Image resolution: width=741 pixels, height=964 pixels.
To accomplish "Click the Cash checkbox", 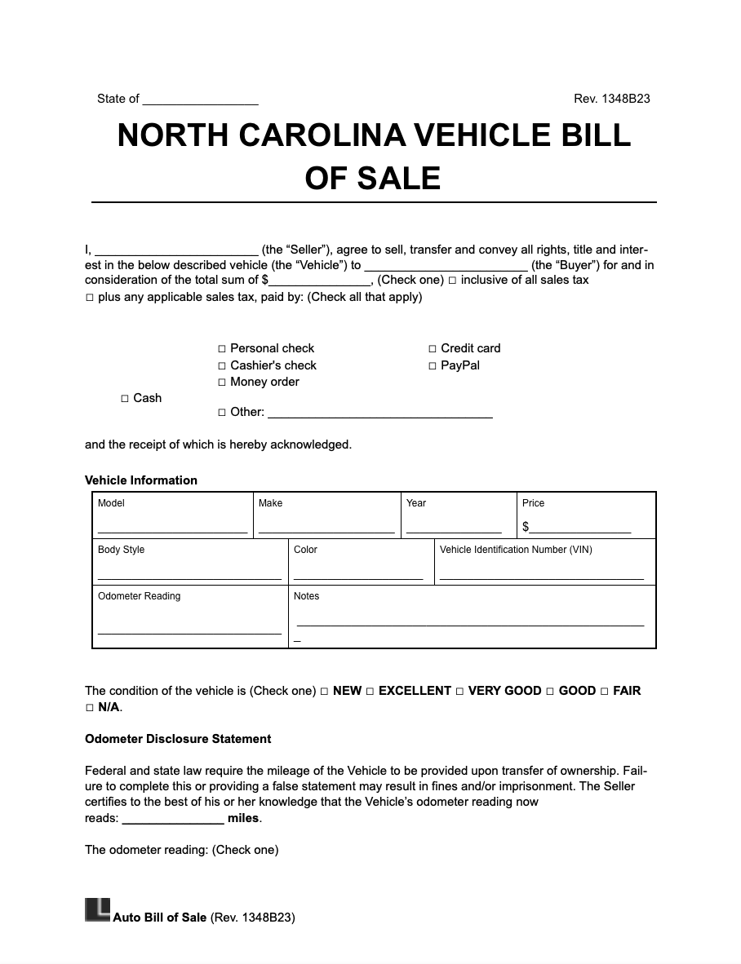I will [125, 399].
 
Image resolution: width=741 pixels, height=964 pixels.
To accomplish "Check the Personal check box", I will [222, 349].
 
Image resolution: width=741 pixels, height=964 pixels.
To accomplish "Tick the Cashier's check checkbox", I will [222, 366].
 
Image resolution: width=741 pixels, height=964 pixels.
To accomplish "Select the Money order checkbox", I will [222, 383].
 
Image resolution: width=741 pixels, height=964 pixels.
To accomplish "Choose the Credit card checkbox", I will [433, 349].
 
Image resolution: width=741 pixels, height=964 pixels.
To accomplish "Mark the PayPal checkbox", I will [433, 366].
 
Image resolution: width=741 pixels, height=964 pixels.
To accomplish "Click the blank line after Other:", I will [380, 416].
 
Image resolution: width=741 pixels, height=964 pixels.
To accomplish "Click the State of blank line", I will [200, 104].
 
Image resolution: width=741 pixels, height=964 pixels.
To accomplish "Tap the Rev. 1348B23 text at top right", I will [611, 99].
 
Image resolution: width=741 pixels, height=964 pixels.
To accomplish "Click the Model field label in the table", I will [111, 503].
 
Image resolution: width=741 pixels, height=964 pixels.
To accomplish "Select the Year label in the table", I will [416, 503].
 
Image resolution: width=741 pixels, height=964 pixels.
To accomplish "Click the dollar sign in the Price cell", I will [526, 527].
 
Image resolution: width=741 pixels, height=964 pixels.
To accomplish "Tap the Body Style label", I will [121, 550].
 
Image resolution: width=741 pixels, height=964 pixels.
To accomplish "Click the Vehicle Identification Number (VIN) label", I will [516, 550].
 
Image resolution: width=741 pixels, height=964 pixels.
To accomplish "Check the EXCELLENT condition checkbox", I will [370, 692].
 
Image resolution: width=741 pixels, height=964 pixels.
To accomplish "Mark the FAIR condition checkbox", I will [605, 692].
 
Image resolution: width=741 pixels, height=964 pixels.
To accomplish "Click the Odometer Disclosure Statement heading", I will [178, 739].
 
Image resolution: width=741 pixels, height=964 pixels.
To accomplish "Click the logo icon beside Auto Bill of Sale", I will [97, 910].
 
